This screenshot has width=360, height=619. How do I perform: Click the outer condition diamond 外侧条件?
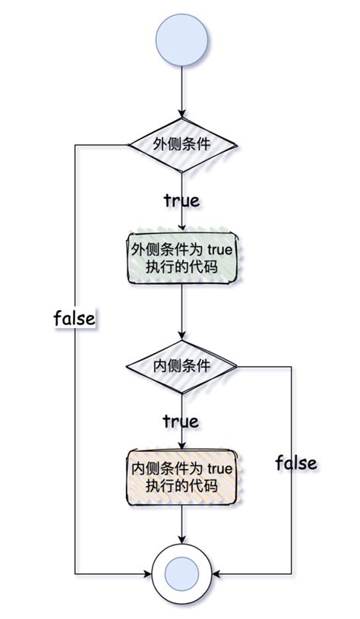pyautogui.click(x=182, y=144)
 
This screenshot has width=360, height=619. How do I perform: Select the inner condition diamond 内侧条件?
pyautogui.click(x=182, y=366)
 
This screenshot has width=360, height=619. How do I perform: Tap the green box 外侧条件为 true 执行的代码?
pyautogui.click(x=182, y=258)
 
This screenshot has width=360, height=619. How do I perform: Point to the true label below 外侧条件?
pyautogui.click(x=182, y=201)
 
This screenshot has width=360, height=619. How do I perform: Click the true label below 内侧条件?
pyautogui.click(x=182, y=420)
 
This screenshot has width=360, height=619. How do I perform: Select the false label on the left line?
pyautogui.click(x=74, y=317)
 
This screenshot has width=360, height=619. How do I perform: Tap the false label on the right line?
pyautogui.click(x=295, y=462)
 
